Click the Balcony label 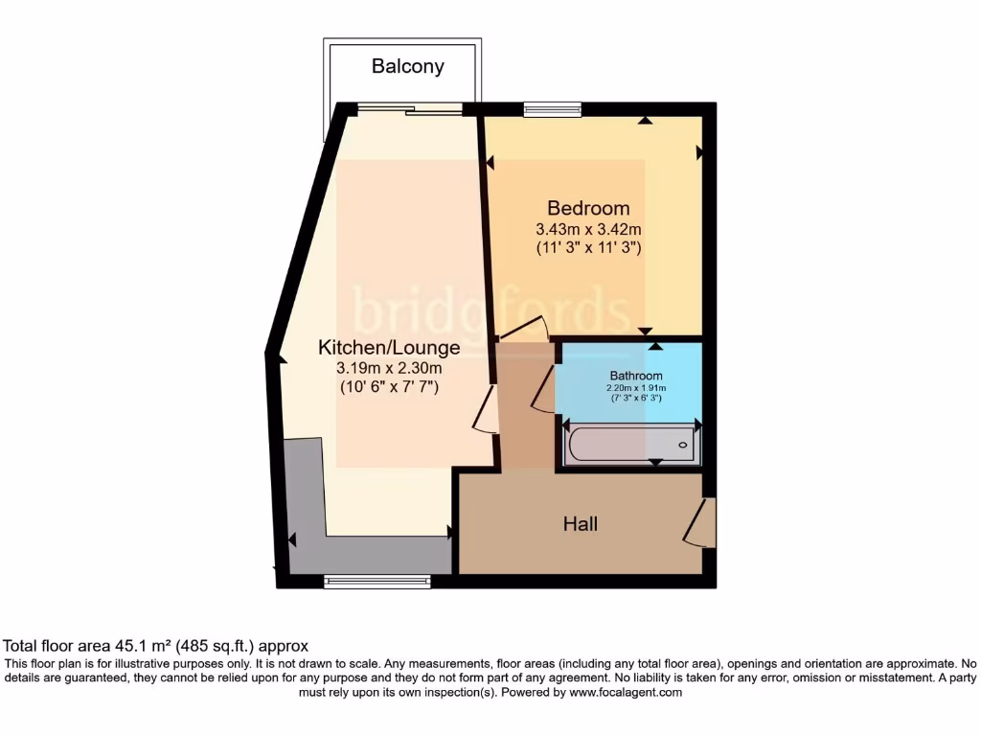click(408, 66)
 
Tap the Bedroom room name click(588, 208)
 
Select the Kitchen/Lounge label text click(389, 348)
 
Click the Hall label click(581, 523)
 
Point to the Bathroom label click(636, 376)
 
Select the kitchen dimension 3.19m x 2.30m click(389, 368)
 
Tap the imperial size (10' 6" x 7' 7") click(389, 387)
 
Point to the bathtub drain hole click(683, 446)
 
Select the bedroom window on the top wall click(552, 109)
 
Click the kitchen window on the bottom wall click(376, 581)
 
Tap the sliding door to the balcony click(410, 109)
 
